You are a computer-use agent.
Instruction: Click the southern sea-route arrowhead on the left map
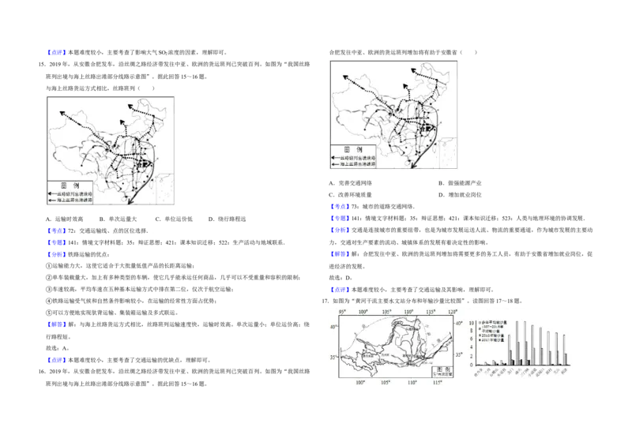coord(130,204)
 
